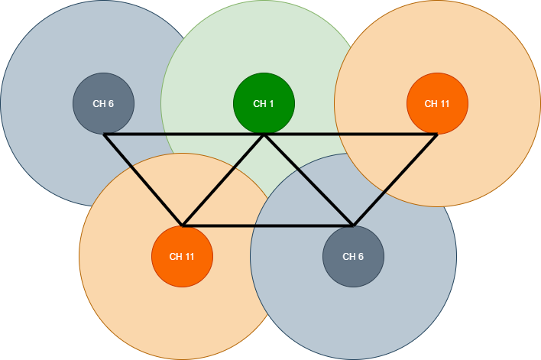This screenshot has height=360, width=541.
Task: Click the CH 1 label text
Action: [x=264, y=104]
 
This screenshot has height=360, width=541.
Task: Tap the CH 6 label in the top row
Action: [x=103, y=104]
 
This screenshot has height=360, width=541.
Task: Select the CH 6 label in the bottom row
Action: [x=353, y=256]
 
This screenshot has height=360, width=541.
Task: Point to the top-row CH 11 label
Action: [x=437, y=104]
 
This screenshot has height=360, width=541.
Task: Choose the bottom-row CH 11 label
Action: [x=182, y=256]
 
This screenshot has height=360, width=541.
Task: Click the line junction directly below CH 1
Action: [x=264, y=135]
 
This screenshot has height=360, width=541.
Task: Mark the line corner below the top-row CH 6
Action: [x=105, y=135]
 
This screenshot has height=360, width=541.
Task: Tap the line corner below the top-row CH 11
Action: [x=436, y=135]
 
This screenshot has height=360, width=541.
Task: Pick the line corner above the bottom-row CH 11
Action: [x=183, y=225]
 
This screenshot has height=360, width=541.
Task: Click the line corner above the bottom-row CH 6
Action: [x=353, y=225]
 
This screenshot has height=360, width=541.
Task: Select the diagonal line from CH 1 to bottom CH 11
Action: [x=223, y=180]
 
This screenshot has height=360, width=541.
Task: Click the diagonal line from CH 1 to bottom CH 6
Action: [x=308, y=180]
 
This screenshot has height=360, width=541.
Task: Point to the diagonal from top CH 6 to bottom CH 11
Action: [x=144, y=180]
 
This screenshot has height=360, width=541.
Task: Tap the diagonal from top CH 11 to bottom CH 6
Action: [x=395, y=180]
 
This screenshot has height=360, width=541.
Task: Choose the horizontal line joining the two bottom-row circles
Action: [x=267, y=225]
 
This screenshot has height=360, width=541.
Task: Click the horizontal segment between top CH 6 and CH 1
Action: [x=183, y=135]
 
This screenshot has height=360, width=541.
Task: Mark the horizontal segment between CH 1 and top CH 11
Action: [x=350, y=135]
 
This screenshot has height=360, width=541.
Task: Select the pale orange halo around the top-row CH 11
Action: [x=489, y=61]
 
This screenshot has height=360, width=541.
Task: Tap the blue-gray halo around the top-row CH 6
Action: [x=46, y=61]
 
